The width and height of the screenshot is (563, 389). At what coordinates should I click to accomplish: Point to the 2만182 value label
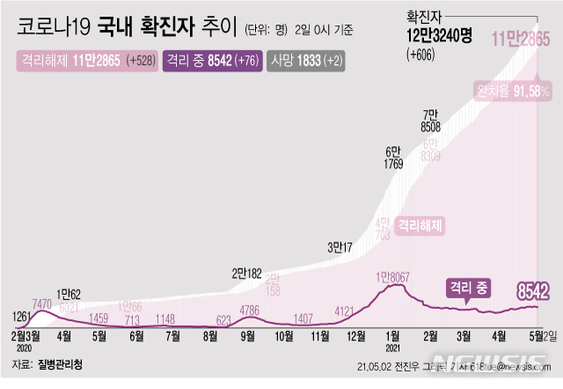(248, 273)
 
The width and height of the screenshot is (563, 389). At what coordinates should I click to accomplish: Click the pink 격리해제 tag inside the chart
(420, 225)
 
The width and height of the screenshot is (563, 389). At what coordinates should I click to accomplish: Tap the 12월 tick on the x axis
(357, 335)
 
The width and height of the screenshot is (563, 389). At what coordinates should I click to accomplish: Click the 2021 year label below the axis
(394, 346)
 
